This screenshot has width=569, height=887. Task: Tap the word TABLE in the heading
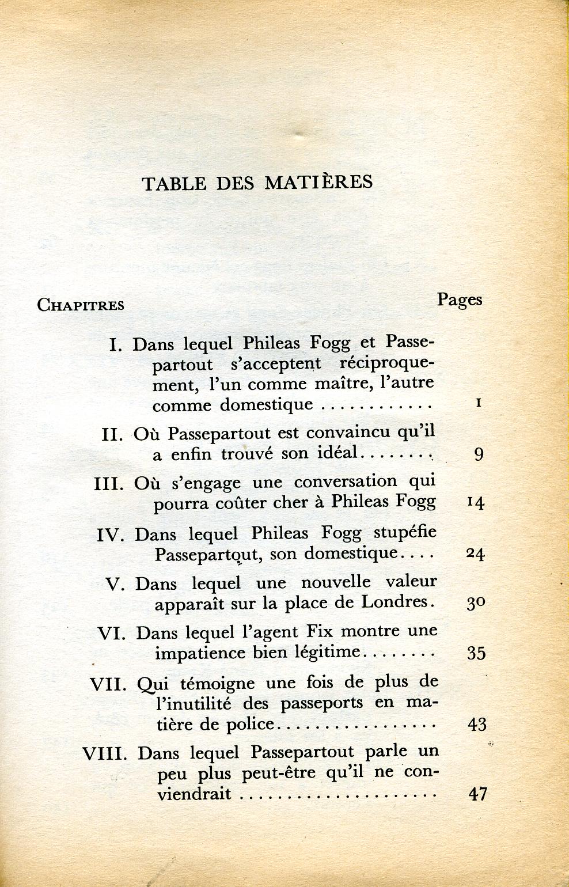174,183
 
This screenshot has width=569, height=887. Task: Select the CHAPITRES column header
81,305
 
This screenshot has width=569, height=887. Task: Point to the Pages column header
459,300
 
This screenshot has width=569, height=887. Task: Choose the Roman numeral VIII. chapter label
104,753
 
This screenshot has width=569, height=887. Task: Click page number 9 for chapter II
479,454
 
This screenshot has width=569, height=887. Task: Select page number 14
476,502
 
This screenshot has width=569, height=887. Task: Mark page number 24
475,554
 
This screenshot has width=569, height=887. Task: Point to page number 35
476,653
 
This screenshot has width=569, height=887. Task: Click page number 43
477,724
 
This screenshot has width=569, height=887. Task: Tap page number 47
478,794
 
